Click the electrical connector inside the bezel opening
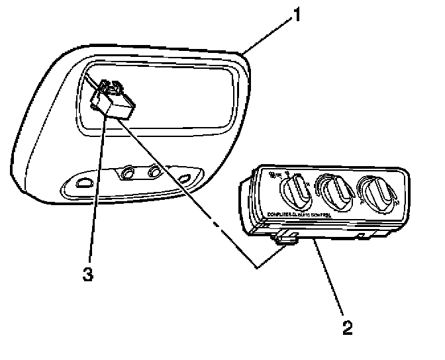pyautogui.click(x=114, y=101)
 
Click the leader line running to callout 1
pyautogui.click(x=268, y=34)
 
